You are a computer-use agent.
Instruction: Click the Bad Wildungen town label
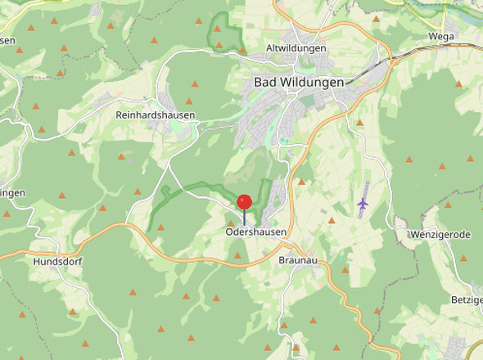(299, 83)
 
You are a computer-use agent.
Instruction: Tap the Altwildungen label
(296, 48)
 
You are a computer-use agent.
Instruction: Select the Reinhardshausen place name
(156, 115)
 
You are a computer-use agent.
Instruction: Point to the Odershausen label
(256, 232)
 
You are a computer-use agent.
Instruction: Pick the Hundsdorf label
(57, 262)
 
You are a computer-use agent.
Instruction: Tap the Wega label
(441, 37)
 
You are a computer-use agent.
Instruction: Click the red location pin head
(244, 202)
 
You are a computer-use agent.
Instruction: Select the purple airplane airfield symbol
(363, 202)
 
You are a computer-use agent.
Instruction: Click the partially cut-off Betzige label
(467, 300)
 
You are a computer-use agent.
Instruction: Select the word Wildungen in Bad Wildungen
(313, 83)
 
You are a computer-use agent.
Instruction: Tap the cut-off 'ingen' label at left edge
(12, 193)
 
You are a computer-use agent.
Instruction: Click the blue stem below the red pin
(244, 217)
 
